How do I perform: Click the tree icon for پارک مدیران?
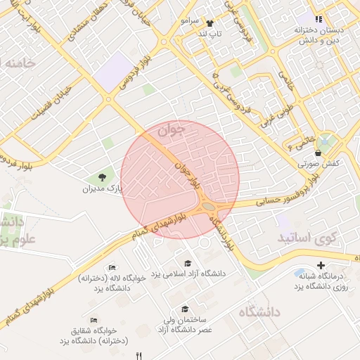click(104, 176)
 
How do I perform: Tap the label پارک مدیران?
click(103, 189)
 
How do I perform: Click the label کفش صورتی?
click(319, 163)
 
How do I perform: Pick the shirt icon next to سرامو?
click(208, 22)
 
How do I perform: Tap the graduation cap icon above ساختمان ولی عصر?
click(185, 309)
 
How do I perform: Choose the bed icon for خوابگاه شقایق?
click(94, 320)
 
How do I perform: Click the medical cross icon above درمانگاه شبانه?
click(321, 265)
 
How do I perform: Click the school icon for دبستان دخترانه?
click(319, 19)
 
